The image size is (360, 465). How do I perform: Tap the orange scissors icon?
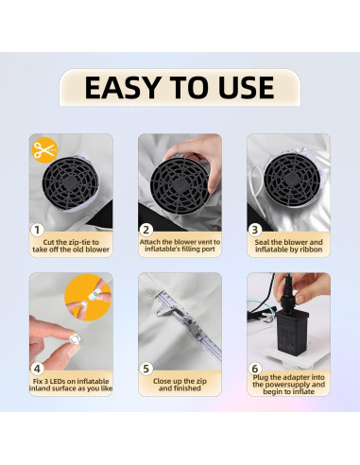(45, 150)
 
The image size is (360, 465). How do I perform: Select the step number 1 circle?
(37, 230)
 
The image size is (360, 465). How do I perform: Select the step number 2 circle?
(146, 230)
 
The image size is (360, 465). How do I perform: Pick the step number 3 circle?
(255, 230)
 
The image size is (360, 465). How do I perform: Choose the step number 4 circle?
(37, 369)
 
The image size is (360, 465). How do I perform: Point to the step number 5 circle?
(146, 369)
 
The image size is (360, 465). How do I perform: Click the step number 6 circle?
(255, 369)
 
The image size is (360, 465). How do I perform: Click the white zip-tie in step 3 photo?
(258, 186)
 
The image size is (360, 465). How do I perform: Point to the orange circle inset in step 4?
(88, 298)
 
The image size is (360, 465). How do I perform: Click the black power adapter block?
(292, 333)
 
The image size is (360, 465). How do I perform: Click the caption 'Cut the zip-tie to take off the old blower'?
(71, 246)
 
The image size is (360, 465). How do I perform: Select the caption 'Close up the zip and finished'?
(180, 385)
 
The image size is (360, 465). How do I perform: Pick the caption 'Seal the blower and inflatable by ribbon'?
(289, 246)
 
